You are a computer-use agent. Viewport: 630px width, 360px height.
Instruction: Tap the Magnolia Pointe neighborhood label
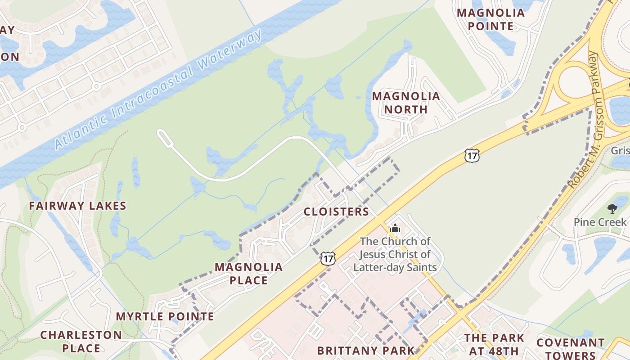(x=490, y=19)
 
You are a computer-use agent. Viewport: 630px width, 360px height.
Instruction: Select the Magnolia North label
(x=406, y=103)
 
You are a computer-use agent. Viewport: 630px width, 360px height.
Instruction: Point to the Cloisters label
(x=336, y=211)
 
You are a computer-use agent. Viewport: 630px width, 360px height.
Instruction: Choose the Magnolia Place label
(x=248, y=274)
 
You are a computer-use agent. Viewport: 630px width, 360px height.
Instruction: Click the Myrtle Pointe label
(x=165, y=316)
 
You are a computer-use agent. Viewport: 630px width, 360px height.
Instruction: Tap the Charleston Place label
(x=81, y=342)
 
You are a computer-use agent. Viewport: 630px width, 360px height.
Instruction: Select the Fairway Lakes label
(x=77, y=206)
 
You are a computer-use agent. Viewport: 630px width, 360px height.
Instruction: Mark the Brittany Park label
(x=365, y=350)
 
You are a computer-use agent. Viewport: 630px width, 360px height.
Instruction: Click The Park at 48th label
(x=494, y=344)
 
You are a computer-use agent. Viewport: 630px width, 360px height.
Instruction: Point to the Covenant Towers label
(x=571, y=348)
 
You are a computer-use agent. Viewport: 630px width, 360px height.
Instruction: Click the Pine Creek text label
(x=599, y=222)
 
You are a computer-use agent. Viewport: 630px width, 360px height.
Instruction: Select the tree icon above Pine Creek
(x=612, y=208)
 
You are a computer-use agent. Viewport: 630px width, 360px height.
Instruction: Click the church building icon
(x=395, y=228)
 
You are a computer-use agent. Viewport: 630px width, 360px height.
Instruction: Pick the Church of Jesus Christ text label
(x=395, y=254)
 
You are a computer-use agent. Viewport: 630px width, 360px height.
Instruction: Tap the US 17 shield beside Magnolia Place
(x=328, y=258)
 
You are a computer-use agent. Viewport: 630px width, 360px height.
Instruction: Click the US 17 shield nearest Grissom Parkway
(x=472, y=156)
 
